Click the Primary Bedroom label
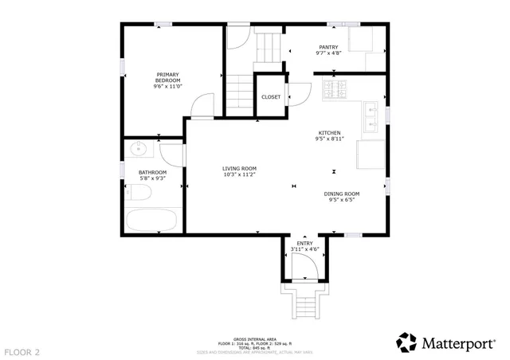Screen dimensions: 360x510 click(167, 77)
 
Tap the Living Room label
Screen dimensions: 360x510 click(238, 168)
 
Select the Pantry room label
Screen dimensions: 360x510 click(328, 47)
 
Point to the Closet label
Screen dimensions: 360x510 click(271, 97)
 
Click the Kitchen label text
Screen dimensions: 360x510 click(329, 132)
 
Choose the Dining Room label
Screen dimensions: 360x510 click(341, 194)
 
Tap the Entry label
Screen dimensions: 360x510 click(304, 243)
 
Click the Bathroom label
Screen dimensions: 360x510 click(152, 172)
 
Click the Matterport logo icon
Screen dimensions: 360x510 click(407, 342)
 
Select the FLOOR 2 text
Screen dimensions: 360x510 click(22, 351)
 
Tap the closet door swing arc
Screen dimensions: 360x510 click(296, 94)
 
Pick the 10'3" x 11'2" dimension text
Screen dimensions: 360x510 click(238, 174)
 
